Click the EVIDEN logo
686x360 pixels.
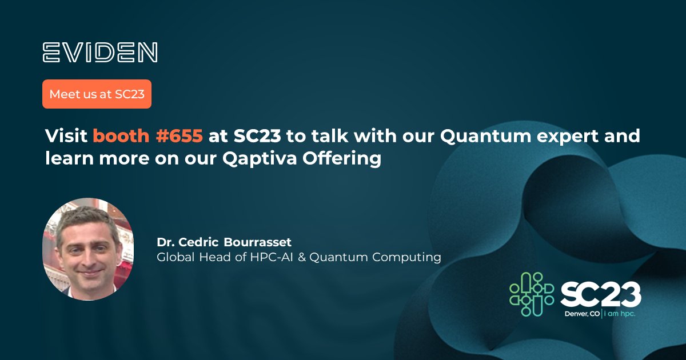coord(100,52)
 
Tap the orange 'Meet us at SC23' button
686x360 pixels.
coord(97,94)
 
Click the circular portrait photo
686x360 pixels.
coord(88,249)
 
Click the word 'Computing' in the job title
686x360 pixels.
coord(406,258)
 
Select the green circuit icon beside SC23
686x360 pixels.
coord(532,294)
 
